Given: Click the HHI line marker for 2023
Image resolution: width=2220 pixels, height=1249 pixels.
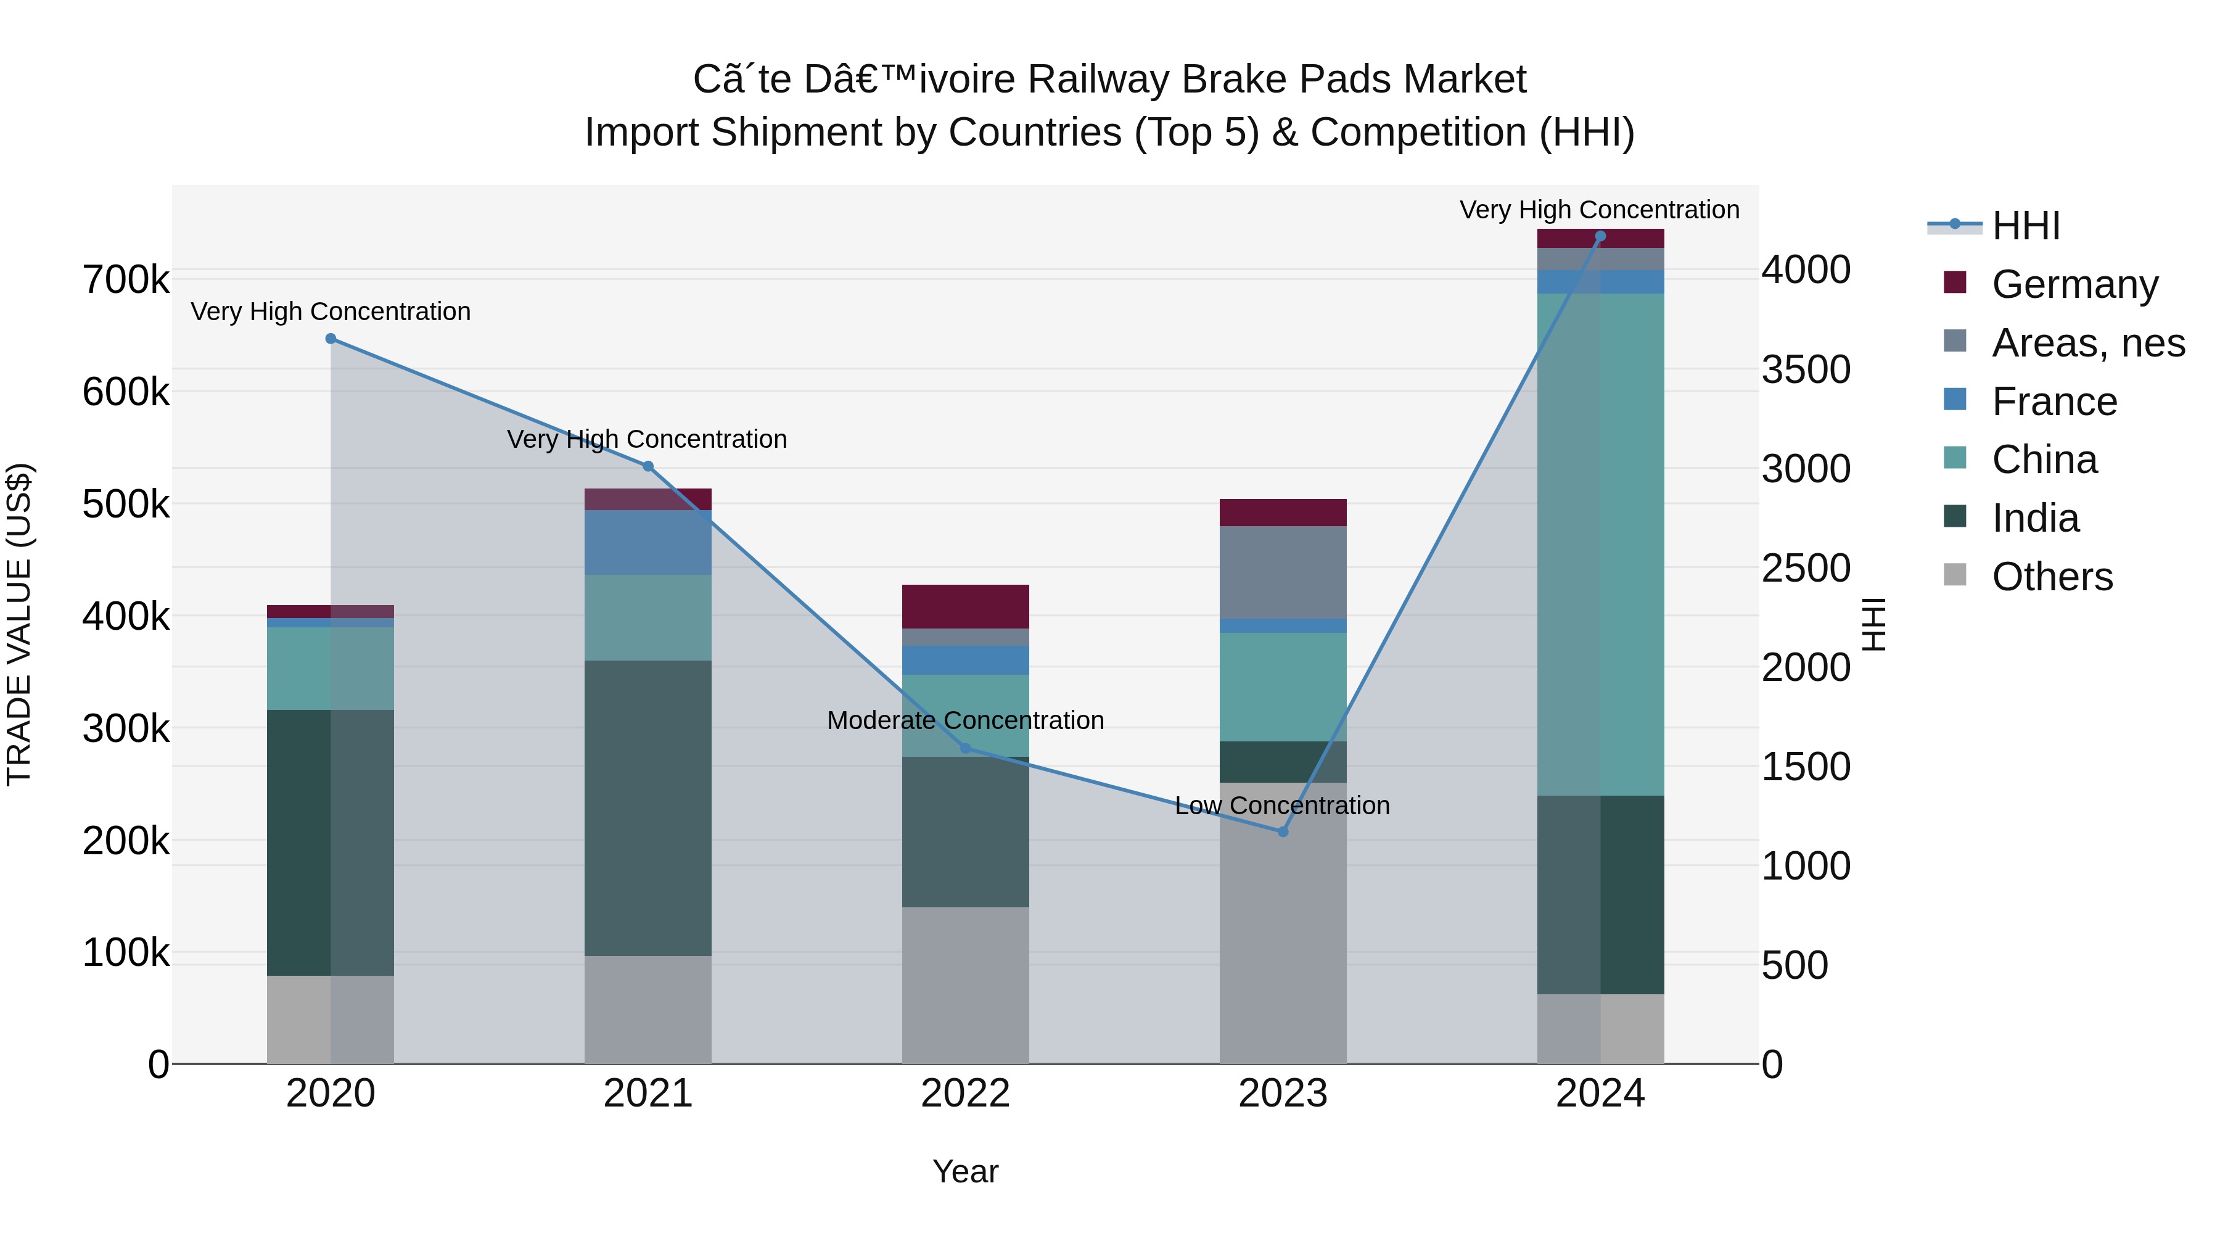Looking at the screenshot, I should coord(1283,832).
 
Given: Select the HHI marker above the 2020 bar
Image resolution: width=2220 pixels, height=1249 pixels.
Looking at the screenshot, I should coord(331,339).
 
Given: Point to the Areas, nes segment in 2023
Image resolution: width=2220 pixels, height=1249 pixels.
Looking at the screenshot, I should coord(1283,572).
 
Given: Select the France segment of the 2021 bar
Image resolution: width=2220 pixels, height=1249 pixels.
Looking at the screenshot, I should coord(648,542).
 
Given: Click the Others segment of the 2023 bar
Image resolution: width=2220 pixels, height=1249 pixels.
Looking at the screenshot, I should coord(1283,922).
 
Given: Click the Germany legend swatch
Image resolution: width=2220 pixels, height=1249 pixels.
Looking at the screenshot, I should coord(1955,282).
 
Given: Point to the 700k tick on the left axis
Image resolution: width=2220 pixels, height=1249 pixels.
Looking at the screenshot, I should coord(126,280).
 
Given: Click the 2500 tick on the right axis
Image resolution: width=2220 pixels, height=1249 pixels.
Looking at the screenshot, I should coord(1806,568).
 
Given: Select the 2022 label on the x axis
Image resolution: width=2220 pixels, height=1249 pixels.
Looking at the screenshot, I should coord(965,1094).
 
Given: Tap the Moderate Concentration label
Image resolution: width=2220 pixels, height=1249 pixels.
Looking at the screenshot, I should coord(965,720).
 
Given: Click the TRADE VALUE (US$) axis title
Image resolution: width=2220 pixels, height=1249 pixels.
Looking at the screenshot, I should coord(19,624).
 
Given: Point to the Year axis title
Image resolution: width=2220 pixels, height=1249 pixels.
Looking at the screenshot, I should coord(965,1171).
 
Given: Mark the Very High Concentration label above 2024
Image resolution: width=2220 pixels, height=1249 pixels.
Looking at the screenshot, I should coord(1600,210).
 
